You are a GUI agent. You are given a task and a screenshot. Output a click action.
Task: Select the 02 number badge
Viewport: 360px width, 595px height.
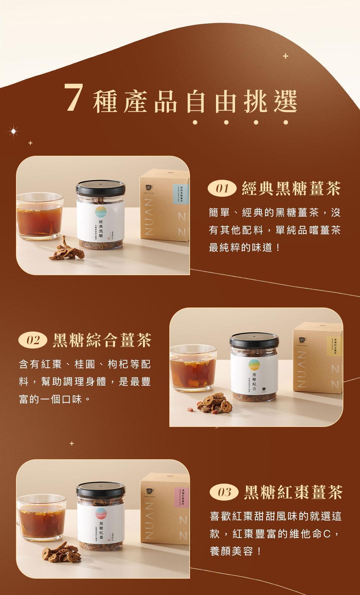coord(33,340)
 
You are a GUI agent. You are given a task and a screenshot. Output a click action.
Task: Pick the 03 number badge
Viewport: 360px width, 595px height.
coord(224,492)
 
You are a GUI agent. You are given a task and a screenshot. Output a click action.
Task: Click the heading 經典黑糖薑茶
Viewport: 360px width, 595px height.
coord(291,189)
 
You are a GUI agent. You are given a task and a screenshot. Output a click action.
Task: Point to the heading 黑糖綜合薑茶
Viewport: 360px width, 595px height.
coord(102,340)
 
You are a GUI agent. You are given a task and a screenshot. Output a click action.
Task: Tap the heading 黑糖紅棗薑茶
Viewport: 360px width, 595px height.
coord(293,492)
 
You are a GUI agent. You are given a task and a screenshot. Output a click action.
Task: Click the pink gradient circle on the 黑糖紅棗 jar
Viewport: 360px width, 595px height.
coord(101,514)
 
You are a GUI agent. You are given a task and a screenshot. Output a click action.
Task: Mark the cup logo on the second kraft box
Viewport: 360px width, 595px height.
coord(302,340)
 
